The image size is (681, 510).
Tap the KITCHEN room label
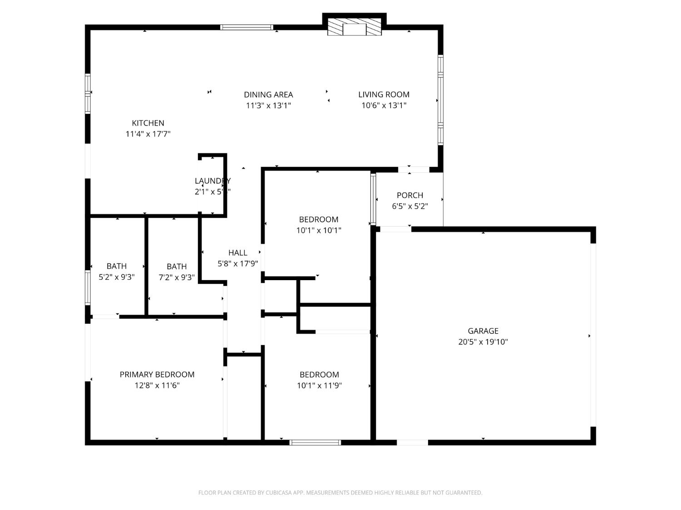click(148, 123)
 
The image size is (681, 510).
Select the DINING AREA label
click(268, 95)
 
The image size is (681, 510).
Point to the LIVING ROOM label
click(384, 94)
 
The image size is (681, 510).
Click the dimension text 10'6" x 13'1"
click(384, 106)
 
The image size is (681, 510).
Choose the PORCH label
click(410, 195)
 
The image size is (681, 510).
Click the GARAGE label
click(483, 331)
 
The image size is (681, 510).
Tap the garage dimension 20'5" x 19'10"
click(483, 342)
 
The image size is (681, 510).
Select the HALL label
click(238, 253)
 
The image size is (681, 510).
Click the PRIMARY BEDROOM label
click(157, 374)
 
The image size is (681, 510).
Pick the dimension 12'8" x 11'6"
click(157, 386)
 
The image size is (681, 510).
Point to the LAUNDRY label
click(212, 181)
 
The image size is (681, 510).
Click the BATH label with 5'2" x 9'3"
click(117, 266)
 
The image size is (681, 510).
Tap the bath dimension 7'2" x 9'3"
click(177, 277)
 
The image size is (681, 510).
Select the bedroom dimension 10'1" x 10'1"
click(319, 230)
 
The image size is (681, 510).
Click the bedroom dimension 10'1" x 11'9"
click(319, 386)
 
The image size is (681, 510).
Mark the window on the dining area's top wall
click(247, 28)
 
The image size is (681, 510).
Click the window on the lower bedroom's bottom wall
click(315, 442)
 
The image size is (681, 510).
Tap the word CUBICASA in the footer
click(278, 493)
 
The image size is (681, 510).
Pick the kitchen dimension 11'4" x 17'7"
click(148, 134)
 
